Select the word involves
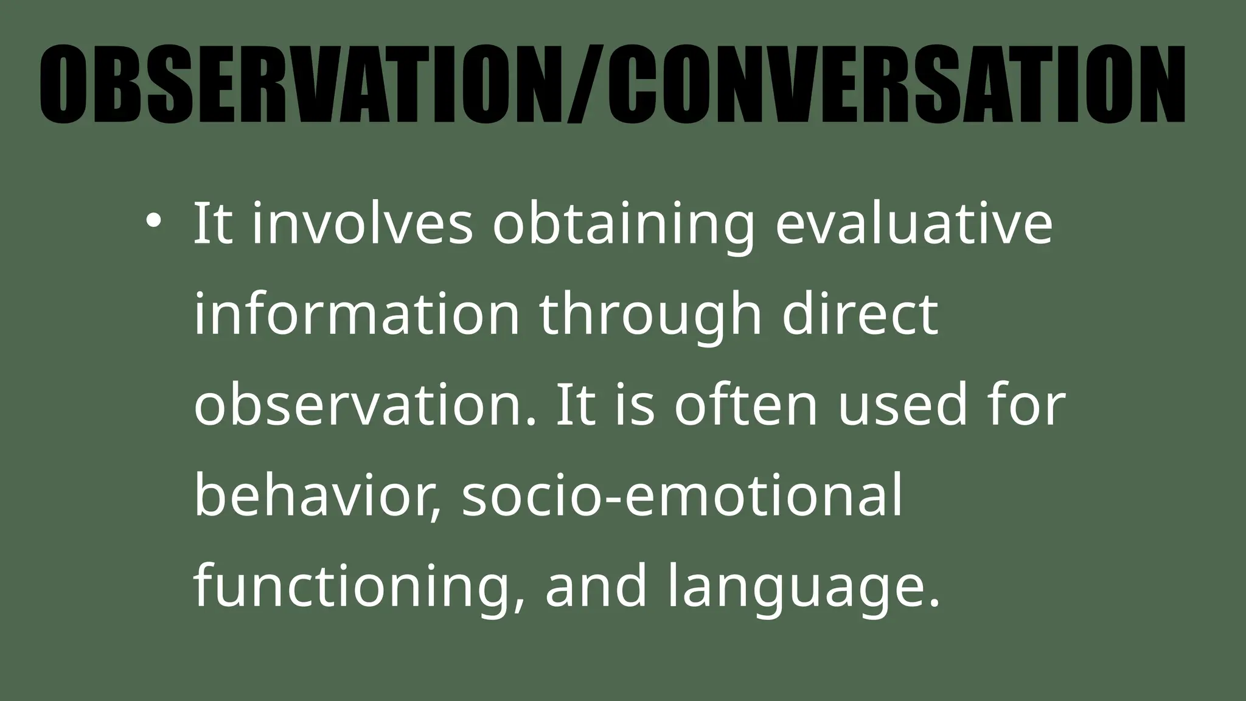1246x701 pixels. point(362,223)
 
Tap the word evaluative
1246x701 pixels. point(913,223)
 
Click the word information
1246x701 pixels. point(357,314)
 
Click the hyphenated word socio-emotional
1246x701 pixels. point(681,495)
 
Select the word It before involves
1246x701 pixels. point(213,223)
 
